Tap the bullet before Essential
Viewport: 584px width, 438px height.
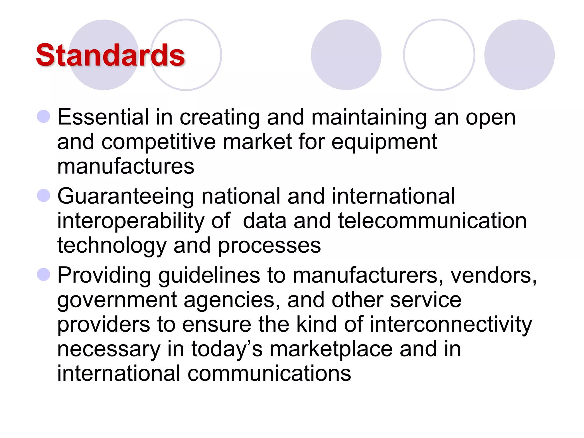[x=44, y=116]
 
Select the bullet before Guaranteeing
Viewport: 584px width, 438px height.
[x=44, y=195]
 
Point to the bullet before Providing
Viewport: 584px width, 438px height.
[x=44, y=274]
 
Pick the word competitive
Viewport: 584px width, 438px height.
[x=159, y=142]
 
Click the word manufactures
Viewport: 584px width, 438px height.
[x=125, y=166]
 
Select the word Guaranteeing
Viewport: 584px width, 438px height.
[x=126, y=197]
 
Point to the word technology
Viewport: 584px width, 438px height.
[x=112, y=246]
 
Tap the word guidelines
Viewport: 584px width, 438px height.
[x=209, y=276]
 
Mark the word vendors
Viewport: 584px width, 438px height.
[x=493, y=275]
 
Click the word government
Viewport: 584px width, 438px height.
[x=117, y=301]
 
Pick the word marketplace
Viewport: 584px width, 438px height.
[x=331, y=350]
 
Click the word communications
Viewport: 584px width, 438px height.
[x=269, y=374]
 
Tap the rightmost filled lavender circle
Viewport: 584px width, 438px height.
[x=519, y=55]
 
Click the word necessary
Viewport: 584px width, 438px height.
[x=109, y=350]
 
